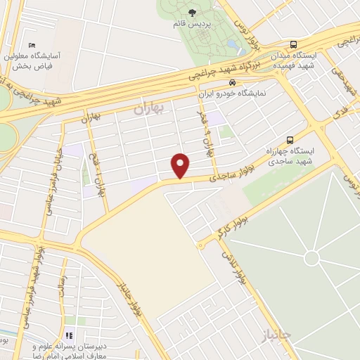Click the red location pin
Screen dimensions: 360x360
tap(181, 165)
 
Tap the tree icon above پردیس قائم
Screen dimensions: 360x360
tap(193, 12)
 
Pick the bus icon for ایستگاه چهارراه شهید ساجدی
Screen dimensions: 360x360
tap(290, 140)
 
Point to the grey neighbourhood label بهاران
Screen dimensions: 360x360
tap(147, 109)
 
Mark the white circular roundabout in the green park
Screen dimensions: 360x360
tap(311, 259)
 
